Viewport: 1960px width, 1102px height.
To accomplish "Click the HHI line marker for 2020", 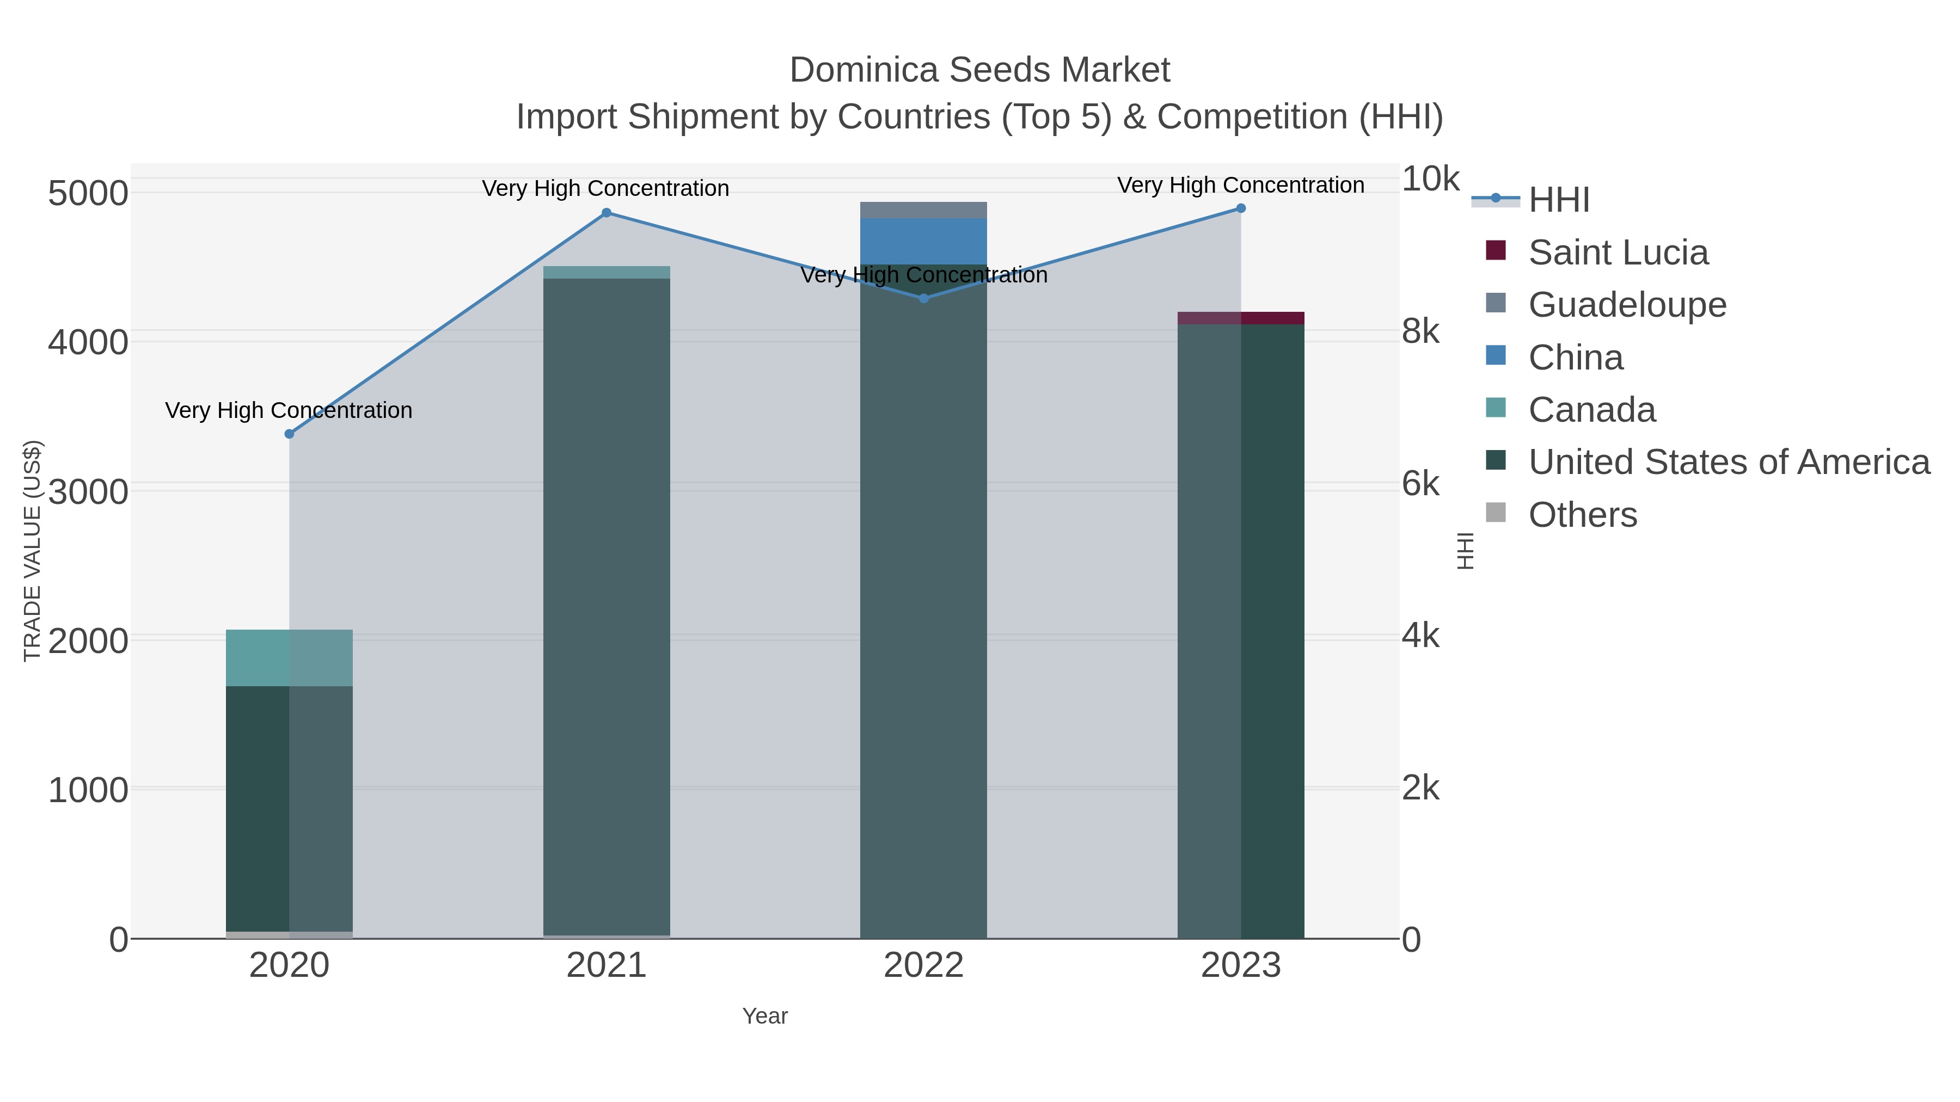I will click(289, 434).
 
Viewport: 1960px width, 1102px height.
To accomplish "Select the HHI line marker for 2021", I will click(607, 213).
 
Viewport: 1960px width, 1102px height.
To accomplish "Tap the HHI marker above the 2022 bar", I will click(924, 298).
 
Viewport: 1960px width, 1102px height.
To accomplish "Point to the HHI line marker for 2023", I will click(1241, 208).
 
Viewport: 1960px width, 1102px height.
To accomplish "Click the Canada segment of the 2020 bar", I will click(289, 658).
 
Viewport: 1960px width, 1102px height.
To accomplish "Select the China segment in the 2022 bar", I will click(924, 241).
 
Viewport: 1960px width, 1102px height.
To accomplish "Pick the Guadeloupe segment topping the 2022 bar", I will click(924, 210).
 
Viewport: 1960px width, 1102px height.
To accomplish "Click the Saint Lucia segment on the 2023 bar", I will click(1241, 318).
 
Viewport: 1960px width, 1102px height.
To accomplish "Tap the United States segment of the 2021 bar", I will click(607, 608).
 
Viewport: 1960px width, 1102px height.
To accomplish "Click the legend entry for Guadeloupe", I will click(1627, 305).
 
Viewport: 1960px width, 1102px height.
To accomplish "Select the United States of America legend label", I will click(1729, 463).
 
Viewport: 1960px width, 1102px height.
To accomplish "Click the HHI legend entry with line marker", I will click(1558, 200).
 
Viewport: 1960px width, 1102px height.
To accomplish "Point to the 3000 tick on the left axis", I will click(88, 491).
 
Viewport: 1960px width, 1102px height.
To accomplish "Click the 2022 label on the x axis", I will click(924, 966).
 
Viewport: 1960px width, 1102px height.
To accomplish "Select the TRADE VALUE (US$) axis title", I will click(33, 551).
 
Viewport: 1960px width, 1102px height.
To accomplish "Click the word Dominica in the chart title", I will click(863, 71).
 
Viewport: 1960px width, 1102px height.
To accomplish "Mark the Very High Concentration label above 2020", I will click(289, 411).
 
